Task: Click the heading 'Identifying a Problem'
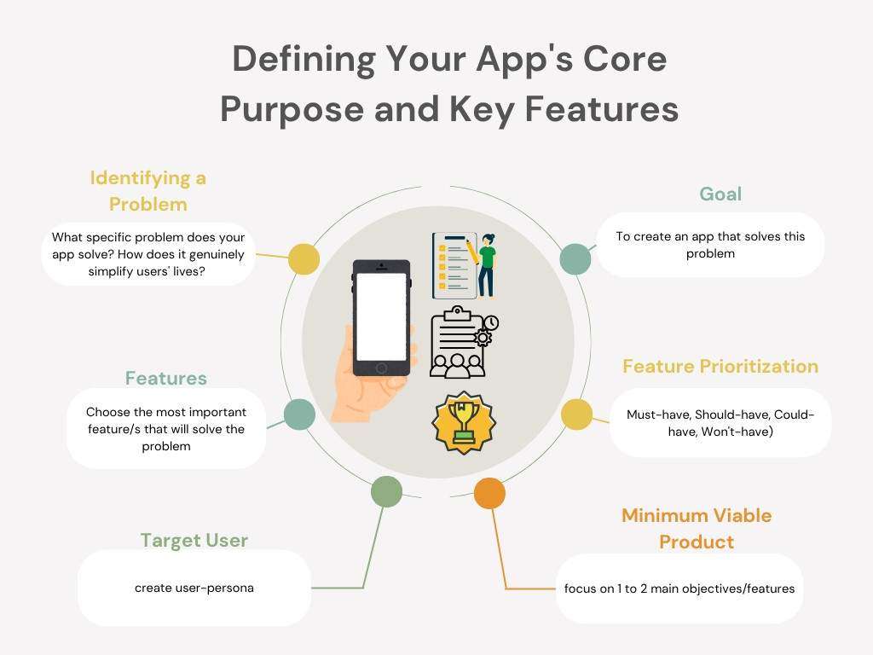pos(148,191)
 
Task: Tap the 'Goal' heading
pos(720,194)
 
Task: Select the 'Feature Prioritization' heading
pos(720,366)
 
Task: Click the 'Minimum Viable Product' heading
pos(697,528)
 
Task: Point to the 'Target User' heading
pos(194,540)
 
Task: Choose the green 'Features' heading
pos(166,378)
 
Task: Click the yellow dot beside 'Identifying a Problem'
pos(304,259)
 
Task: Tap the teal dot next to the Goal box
pos(575,259)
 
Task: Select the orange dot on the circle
pos(489,493)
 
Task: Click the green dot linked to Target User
pos(386,491)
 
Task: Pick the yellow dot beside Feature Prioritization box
pos(576,414)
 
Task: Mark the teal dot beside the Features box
pos(299,414)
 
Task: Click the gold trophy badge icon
pos(463,422)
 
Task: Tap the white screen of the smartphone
pos(381,316)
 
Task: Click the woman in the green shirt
pos(487,264)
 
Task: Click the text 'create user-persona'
pos(194,588)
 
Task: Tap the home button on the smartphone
pos(381,368)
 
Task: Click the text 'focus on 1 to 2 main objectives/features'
pos(679,588)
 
